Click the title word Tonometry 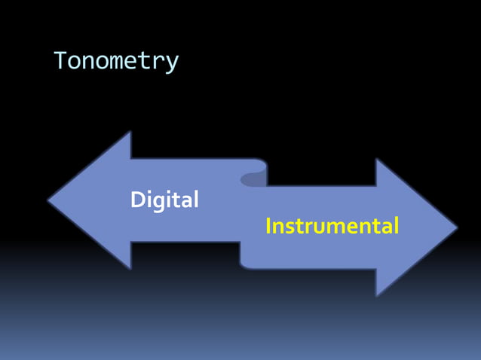(x=116, y=60)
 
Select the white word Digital (x=164, y=200)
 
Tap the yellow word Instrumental (x=332, y=226)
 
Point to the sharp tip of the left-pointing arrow (x=49, y=200)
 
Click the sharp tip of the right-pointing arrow (x=456, y=227)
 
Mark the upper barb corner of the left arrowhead (x=130, y=133)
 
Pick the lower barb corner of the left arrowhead (x=130, y=268)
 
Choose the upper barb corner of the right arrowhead (x=376, y=159)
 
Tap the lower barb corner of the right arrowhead (x=376, y=294)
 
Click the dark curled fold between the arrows (x=253, y=179)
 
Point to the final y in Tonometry (x=173, y=63)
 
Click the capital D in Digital (x=137, y=200)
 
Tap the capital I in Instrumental (x=268, y=226)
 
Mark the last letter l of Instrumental (x=396, y=225)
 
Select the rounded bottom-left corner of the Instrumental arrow (x=244, y=264)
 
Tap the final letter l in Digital (x=195, y=199)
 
